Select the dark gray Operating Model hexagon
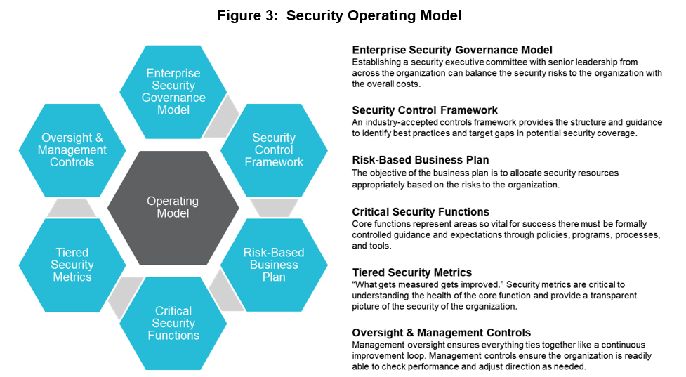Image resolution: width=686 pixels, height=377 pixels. click(x=173, y=207)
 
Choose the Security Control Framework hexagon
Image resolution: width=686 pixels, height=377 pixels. click(x=274, y=150)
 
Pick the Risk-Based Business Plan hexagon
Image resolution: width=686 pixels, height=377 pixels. click(x=274, y=265)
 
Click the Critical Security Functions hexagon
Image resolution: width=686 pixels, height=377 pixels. click(x=173, y=323)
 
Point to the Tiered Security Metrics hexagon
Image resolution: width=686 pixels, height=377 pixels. click(x=72, y=265)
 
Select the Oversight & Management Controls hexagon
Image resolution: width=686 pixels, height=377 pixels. click(x=72, y=150)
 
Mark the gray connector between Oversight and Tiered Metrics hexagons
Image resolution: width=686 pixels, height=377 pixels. click(x=72, y=208)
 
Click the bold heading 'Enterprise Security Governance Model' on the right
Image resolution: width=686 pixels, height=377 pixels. click(x=452, y=51)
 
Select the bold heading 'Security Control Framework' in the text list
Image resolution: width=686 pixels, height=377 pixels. click(x=425, y=110)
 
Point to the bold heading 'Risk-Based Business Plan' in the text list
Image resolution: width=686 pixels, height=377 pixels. click(x=421, y=161)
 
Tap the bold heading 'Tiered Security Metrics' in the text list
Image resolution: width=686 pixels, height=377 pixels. click(x=411, y=272)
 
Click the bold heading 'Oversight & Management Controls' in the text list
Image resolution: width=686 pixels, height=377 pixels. click(x=441, y=333)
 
